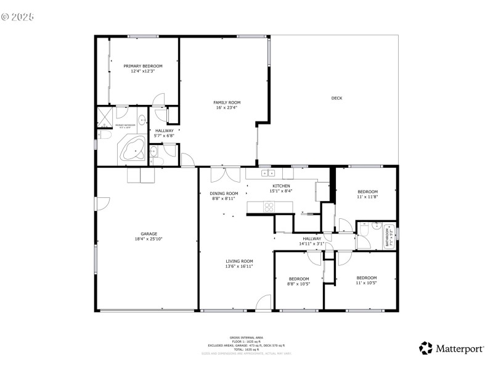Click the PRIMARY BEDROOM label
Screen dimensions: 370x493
point(142,66)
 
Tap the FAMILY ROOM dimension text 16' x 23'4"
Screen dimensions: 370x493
point(227,108)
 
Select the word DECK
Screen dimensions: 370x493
point(336,98)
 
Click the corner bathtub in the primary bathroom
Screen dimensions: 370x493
point(132,150)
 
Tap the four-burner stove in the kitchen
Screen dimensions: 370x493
point(270,208)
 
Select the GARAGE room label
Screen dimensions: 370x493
point(149,234)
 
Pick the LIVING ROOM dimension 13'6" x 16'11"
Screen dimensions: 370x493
point(238,266)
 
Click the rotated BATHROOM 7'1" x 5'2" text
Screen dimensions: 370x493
point(388,235)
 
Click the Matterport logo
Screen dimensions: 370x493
point(452,348)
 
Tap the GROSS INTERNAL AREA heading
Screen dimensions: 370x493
point(246,338)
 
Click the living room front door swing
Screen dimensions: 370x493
point(264,302)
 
